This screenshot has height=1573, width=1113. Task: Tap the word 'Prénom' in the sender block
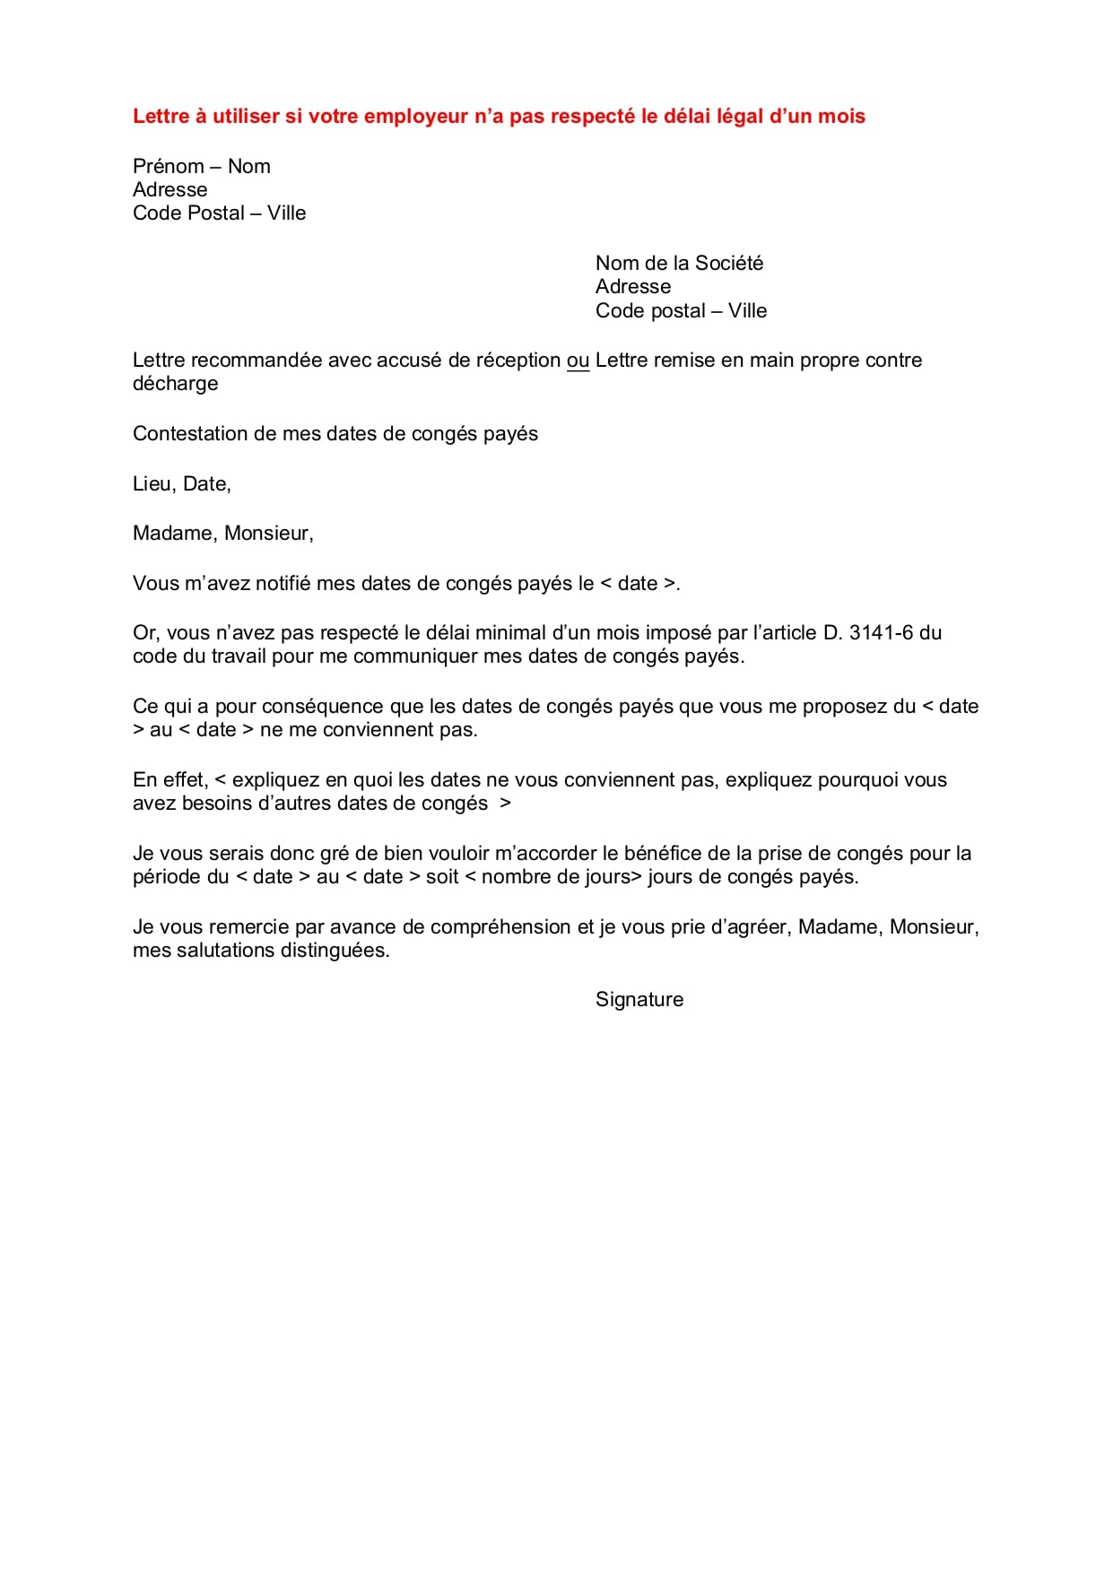(x=169, y=167)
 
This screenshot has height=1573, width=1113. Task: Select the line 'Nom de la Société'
(x=679, y=264)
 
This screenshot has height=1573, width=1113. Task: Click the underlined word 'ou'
(x=578, y=361)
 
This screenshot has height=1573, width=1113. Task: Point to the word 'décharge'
(x=175, y=384)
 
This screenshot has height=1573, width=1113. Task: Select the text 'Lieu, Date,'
(x=182, y=484)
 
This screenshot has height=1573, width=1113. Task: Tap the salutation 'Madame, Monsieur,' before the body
(x=223, y=534)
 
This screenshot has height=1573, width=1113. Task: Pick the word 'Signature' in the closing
(x=639, y=1000)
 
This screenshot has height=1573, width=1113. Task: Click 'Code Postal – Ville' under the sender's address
(x=219, y=213)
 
